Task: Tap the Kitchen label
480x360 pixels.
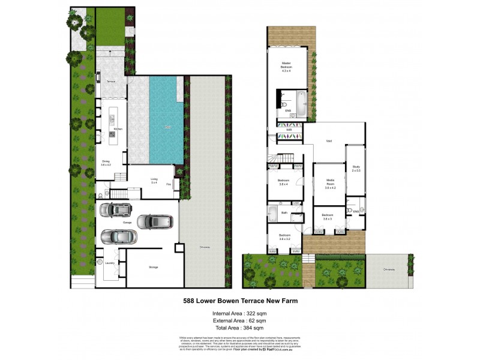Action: tap(118, 130)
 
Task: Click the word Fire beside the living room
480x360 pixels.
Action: tap(169, 184)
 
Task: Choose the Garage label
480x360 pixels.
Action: tap(127, 223)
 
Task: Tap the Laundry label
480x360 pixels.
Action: tap(109, 263)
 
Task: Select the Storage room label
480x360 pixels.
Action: tap(154, 267)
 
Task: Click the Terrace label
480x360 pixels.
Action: tap(111, 81)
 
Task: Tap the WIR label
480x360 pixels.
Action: tap(289, 130)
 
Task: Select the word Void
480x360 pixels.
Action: tap(329, 142)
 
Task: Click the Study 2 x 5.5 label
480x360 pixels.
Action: tap(356, 169)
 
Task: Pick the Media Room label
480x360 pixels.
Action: tap(330, 183)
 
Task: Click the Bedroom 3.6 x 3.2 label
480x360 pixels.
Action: tap(284, 236)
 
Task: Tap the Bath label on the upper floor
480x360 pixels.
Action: tap(284, 212)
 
